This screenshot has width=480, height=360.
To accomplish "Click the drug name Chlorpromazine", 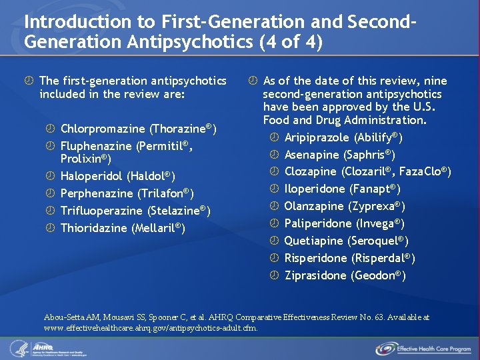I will click(x=103, y=128).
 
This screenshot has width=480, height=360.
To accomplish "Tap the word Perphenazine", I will click(x=97, y=193).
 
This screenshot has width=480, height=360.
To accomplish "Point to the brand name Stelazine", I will click(x=181, y=211).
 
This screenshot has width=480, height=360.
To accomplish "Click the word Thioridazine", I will click(x=94, y=228).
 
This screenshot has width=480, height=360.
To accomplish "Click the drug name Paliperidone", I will click(x=317, y=224).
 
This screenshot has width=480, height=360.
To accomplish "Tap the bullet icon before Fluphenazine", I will click(x=50, y=145).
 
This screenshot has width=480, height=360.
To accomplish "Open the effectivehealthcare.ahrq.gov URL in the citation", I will click(x=150, y=327).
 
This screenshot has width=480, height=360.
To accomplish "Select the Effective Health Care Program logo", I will click(x=422, y=348).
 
